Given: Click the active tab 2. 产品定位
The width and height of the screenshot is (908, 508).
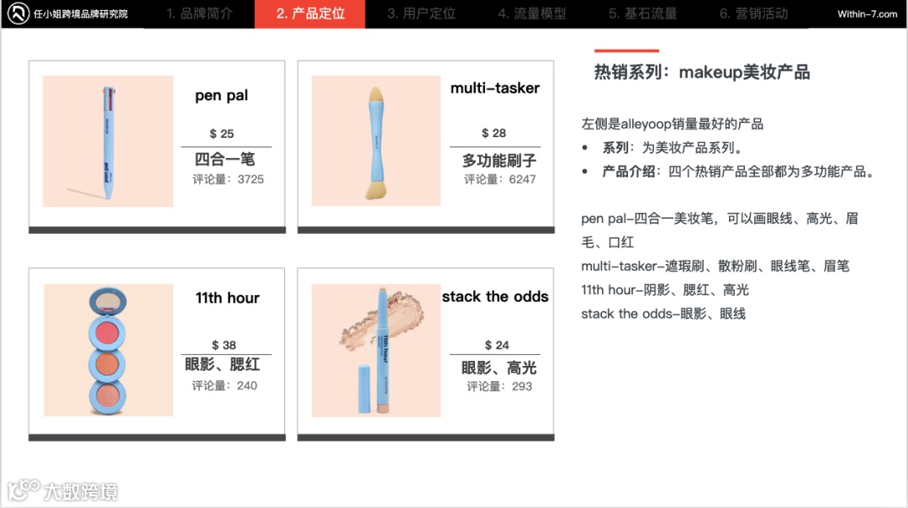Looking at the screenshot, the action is pyautogui.click(x=309, y=13).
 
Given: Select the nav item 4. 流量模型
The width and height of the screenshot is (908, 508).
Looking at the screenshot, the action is pyautogui.click(x=531, y=13).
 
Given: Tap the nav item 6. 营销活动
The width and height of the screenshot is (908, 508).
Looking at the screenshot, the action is pyautogui.click(x=753, y=13).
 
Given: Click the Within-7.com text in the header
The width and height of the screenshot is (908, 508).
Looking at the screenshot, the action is pyautogui.click(x=867, y=14).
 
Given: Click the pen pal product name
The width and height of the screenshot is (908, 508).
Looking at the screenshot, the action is pyautogui.click(x=221, y=96).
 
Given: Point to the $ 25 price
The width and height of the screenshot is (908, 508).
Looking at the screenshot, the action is pyautogui.click(x=222, y=134).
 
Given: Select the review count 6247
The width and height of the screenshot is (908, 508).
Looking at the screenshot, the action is pyautogui.click(x=522, y=180).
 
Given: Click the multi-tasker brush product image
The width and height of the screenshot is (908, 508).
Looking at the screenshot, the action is pyautogui.click(x=376, y=140).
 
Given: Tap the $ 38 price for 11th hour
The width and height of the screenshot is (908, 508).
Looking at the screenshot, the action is pyautogui.click(x=224, y=345).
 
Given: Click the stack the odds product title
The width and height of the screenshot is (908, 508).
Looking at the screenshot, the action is pyautogui.click(x=495, y=297).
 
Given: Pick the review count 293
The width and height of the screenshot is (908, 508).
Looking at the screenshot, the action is pyautogui.click(x=522, y=386).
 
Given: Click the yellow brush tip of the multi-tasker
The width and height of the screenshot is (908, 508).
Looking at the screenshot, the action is pyautogui.click(x=377, y=95).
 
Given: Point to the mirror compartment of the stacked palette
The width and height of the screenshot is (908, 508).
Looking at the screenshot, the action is pyautogui.click(x=108, y=301).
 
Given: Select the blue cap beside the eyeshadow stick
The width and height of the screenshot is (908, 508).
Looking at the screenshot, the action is pyautogui.click(x=364, y=389).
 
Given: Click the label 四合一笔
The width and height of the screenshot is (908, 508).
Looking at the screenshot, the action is pyautogui.click(x=224, y=159).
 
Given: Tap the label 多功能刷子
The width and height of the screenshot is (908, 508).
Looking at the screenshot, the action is pyautogui.click(x=499, y=161).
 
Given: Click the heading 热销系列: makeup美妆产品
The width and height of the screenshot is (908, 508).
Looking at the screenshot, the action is pyautogui.click(x=702, y=72).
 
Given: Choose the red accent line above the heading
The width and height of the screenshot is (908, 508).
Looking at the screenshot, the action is pyautogui.click(x=626, y=51).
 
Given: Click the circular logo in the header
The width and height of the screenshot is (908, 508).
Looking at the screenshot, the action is pyautogui.click(x=18, y=13).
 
